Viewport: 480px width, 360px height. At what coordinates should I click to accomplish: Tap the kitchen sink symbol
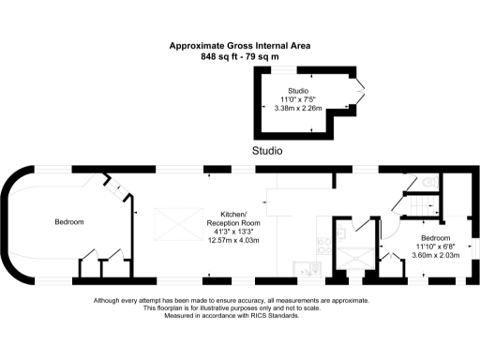pos(307,269)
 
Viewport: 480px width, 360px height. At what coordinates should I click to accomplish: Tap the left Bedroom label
pos(69,222)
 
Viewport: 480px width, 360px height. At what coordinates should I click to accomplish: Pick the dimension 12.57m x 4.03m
pos(232,240)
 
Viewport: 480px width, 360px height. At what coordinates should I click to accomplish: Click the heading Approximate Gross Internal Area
pos(239,45)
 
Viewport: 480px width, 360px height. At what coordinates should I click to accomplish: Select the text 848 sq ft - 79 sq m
pos(239,56)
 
